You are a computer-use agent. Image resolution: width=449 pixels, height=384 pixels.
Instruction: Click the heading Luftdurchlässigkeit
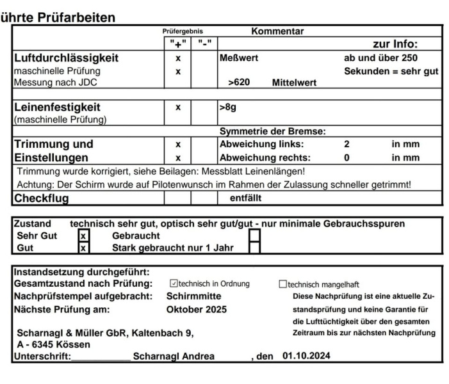(67, 58)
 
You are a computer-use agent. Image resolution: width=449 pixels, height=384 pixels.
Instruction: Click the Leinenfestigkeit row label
(58, 107)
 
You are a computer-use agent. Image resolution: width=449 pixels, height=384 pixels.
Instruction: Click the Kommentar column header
(277, 31)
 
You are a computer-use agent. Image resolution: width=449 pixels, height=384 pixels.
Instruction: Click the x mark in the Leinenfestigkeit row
(178, 107)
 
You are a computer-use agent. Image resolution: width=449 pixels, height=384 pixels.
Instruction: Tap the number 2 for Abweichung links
(347, 144)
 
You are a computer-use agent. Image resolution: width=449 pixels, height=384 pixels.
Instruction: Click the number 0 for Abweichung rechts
(347, 157)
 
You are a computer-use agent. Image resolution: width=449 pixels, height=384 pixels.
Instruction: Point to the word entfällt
(246, 198)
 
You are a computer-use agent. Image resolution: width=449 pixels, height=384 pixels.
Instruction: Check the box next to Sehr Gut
(82, 236)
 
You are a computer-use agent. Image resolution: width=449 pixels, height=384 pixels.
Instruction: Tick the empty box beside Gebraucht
(254, 236)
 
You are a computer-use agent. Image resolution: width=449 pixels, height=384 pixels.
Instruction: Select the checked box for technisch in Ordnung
(173, 284)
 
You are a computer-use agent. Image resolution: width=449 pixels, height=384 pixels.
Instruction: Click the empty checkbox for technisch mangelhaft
(282, 284)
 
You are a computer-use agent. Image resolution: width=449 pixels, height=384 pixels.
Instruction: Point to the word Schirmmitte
(194, 296)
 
